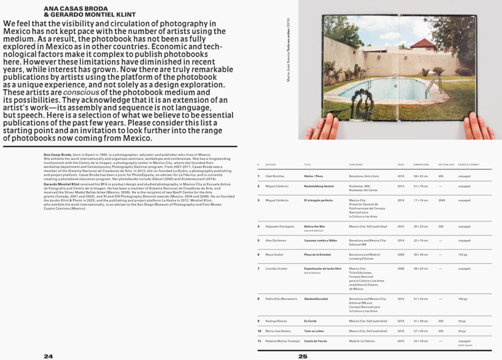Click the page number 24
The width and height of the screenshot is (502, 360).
pyautogui.click(x=48, y=356)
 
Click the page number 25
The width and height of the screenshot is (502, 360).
pyautogui.click(x=303, y=356)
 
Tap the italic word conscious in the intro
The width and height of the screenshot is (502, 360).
pyautogui.click(x=80, y=92)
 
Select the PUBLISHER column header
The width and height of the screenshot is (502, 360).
pyautogui.click(x=356, y=164)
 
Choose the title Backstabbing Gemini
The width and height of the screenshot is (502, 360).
pyautogui.click(x=319, y=186)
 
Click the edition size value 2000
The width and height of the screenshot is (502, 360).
pyautogui.click(x=442, y=200)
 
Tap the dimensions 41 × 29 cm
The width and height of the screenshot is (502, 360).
pyautogui.click(x=421, y=321)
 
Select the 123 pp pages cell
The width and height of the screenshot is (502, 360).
pyautogui.click(x=463, y=255)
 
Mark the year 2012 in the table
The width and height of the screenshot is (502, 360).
pyautogui.click(x=401, y=186)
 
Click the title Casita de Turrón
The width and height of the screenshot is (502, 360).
pyautogui.click(x=315, y=341)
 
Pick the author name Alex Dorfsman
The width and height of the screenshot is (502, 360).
pyautogui.click(x=275, y=240)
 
